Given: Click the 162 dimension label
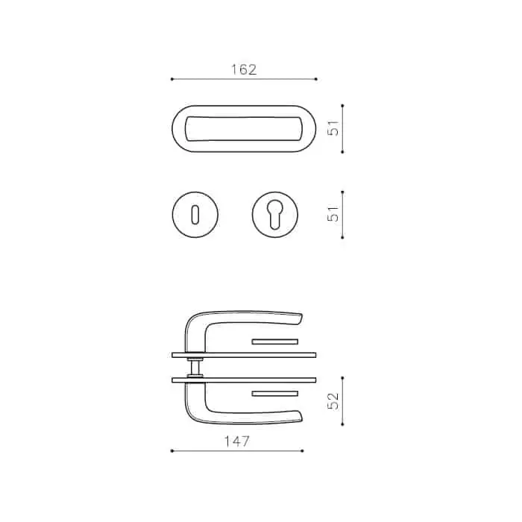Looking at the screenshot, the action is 244,69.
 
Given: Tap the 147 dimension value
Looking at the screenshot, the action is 236,441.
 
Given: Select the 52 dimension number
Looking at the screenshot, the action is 333,401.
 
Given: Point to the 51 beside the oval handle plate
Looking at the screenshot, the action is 333,128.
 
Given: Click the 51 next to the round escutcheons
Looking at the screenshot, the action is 333,214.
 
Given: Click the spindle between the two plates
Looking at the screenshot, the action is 195,367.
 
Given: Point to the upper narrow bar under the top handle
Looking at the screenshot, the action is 274,342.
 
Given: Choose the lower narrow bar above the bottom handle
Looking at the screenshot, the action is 274,394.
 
